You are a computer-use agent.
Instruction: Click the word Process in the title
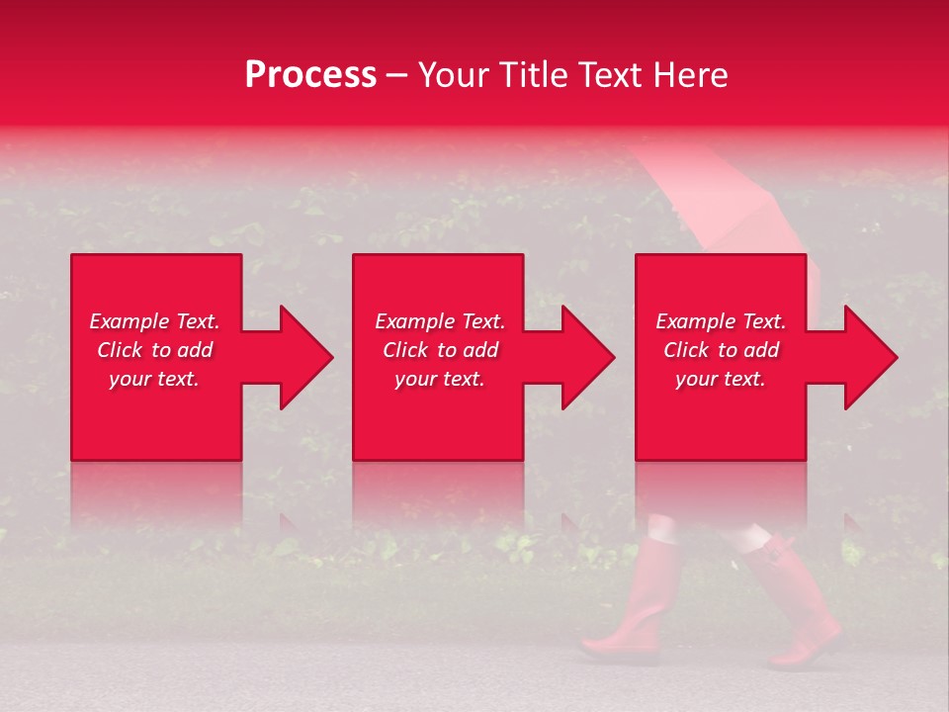coord(310,75)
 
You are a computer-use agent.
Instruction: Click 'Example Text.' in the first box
coord(154,321)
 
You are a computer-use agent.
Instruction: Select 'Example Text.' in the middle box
coord(440,321)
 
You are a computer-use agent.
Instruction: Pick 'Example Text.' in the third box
coord(721,321)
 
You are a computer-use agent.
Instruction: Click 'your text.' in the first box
coord(154,379)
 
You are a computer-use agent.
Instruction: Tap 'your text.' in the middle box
coord(440,379)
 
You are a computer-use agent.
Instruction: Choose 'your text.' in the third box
coord(721,379)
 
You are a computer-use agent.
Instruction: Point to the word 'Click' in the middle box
coord(406,350)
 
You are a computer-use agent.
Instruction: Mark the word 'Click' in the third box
coord(687,350)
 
